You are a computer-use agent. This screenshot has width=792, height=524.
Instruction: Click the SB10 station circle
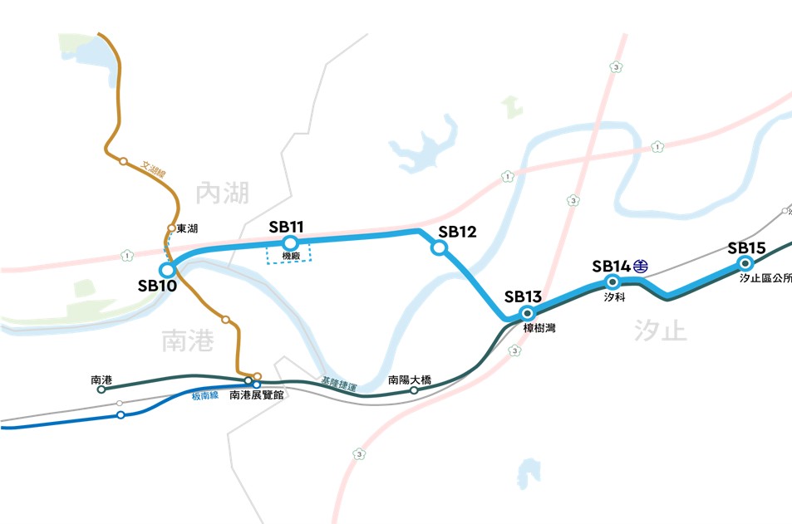pyautogui.click(x=167, y=270)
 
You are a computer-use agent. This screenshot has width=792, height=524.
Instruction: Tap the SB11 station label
pyautogui.click(x=287, y=227)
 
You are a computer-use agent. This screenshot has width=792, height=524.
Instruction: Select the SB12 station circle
pyautogui.click(x=440, y=247)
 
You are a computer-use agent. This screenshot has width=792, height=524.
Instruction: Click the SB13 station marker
pyautogui.click(x=526, y=313)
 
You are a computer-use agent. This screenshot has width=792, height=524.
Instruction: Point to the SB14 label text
pyautogui.click(x=611, y=267)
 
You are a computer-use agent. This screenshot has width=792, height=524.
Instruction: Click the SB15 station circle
pyautogui.click(x=745, y=264)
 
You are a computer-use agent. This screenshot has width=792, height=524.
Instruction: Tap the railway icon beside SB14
pyautogui.click(x=641, y=267)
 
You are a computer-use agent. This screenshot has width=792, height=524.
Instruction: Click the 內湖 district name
pyautogui.click(x=222, y=194)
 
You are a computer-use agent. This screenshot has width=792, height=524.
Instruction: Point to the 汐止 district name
pyautogui.click(x=661, y=330)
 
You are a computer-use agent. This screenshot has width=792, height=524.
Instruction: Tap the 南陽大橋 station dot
pyautogui.click(x=414, y=389)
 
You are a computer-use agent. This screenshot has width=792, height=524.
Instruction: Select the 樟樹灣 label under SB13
pyautogui.click(x=539, y=328)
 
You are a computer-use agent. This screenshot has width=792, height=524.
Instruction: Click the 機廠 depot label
pyautogui.click(x=290, y=256)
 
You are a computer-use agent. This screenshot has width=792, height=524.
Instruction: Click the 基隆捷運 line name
pyautogui.click(x=339, y=384)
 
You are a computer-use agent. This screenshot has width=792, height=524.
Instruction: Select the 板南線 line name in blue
pyautogui.click(x=204, y=395)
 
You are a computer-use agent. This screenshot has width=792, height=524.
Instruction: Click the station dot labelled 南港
pyautogui.click(x=101, y=389)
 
